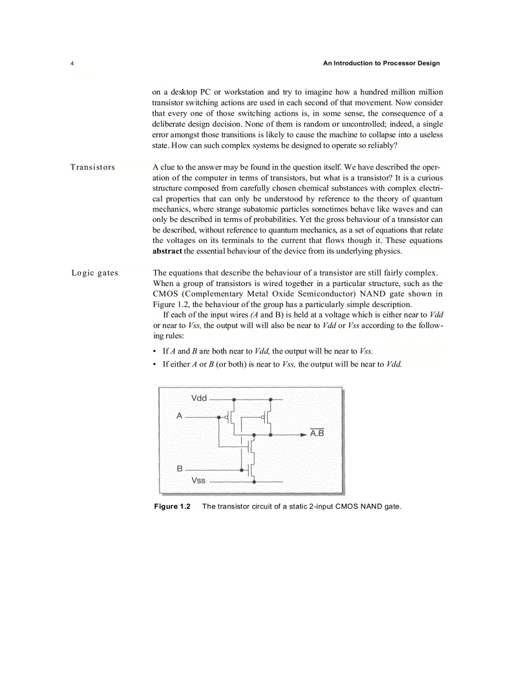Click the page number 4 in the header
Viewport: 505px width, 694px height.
coord(72,64)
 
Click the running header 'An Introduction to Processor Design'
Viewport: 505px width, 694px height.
coord(382,64)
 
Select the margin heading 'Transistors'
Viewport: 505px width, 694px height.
coord(92,167)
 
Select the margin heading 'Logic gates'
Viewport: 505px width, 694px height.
coord(95,273)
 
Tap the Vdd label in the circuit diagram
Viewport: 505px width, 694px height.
coord(199,399)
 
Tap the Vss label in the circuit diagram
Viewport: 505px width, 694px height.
coord(199,480)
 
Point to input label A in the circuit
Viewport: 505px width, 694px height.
coord(179,417)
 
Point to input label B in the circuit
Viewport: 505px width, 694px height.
coord(179,469)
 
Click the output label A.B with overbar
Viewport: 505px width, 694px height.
coord(317,434)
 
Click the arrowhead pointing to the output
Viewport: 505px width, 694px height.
coord(303,434)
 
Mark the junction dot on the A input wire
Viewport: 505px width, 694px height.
coord(218,417)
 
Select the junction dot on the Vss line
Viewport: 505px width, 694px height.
coord(254,481)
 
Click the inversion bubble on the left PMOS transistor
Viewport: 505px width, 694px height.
coord(226,417)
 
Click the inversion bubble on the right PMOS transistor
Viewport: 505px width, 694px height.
coord(263,417)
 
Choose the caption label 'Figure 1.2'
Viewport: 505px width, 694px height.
coord(172,507)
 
